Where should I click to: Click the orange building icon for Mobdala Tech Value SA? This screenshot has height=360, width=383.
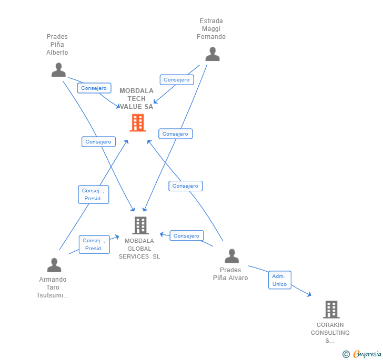[137, 122]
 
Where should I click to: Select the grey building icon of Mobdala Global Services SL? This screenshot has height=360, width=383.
[140, 225]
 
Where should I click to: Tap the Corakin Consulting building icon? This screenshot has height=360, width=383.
[331, 309]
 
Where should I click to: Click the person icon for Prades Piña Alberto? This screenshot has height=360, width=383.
[58, 70]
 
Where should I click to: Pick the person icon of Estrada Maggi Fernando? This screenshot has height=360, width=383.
[212, 54]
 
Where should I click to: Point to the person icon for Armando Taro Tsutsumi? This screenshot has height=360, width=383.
[54, 265]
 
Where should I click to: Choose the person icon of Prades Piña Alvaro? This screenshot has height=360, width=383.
[231, 256]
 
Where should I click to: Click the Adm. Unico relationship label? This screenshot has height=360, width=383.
[279, 280]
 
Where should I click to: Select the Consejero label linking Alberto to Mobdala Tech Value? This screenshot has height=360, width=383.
[94, 88]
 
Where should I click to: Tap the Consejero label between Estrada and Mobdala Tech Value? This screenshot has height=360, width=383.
[176, 80]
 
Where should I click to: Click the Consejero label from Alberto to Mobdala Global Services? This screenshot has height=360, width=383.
[98, 142]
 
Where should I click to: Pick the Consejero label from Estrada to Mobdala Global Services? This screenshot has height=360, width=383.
[175, 134]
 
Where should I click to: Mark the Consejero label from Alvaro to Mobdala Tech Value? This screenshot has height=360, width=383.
[185, 186]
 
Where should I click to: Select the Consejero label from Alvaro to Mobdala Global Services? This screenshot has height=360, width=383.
[186, 236]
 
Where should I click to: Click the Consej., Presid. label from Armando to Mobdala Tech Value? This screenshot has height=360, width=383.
[93, 194]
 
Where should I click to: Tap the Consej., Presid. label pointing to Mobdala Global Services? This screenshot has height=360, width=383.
[94, 244]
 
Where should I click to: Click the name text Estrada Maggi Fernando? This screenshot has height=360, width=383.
[211, 29]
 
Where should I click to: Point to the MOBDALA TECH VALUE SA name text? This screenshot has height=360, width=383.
[137, 99]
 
